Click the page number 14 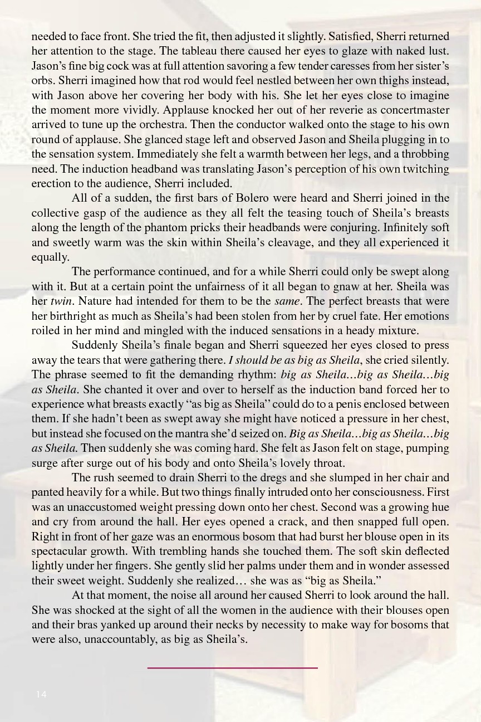41,694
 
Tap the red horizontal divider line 232,667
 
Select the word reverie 305,110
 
